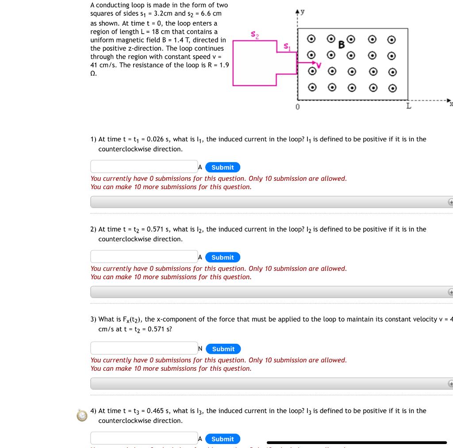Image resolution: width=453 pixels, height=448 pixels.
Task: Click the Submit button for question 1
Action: coord(223,167)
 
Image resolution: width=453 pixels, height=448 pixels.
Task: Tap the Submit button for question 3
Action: coord(223,349)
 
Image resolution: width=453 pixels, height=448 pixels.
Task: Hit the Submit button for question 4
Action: coord(223,439)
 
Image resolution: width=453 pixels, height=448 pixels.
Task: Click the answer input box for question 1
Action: coord(144,167)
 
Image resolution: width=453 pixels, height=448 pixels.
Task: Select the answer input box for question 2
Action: coord(144,257)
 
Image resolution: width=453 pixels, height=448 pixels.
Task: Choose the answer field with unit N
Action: coord(144,348)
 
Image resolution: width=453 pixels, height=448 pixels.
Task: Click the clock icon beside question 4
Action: coord(82,416)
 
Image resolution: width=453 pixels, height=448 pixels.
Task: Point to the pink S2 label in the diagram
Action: coord(254,34)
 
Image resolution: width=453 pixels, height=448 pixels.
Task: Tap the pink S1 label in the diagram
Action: coord(287,46)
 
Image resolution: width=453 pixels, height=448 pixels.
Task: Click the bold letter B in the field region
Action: coord(341,44)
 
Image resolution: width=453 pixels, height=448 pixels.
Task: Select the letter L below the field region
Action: coord(409,106)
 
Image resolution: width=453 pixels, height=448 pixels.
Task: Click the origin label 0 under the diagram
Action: coord(298,106)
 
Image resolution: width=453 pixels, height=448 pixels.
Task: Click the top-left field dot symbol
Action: coord(312,39)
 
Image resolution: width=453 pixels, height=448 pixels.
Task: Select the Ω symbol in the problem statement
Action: coord(93,73)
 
